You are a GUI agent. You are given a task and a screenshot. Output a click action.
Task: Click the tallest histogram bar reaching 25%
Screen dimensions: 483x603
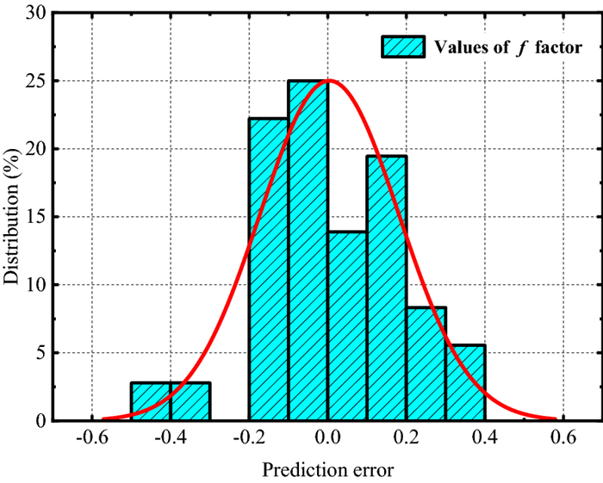click(308, 250)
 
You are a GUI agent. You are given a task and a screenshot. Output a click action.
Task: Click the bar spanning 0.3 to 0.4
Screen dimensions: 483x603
click(465, 382)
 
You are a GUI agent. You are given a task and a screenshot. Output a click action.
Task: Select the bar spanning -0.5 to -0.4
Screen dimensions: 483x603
click(151, 401)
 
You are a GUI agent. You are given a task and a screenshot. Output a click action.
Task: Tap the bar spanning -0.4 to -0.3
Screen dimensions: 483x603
click(190, 401)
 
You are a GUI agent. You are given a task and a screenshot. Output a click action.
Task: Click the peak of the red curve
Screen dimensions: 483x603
click(327, 81)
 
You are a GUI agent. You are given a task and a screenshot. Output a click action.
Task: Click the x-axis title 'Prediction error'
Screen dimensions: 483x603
click(327, 471)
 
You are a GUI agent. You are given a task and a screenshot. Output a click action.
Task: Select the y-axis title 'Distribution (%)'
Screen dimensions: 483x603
click(15, 215)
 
